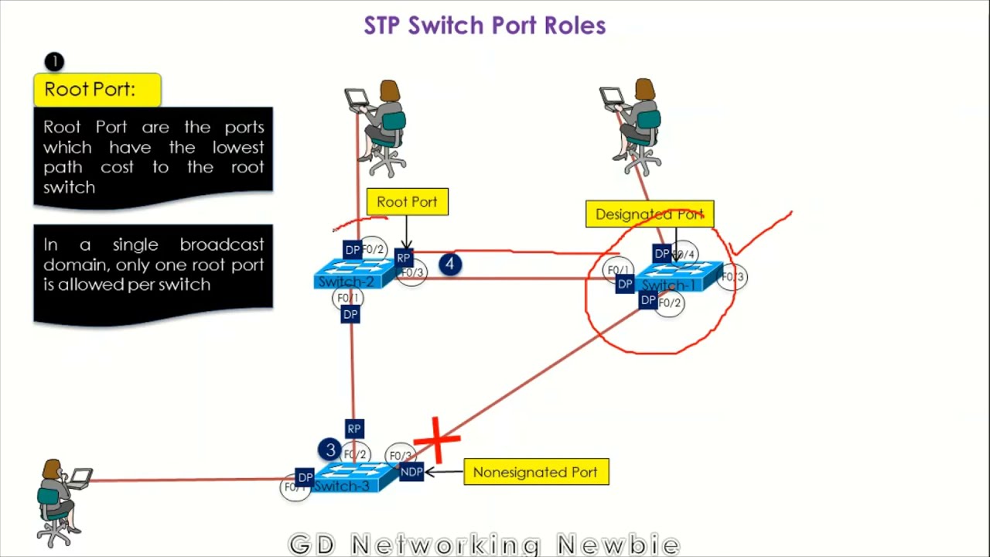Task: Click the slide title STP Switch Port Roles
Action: pyautogui.click(x=485, y=26)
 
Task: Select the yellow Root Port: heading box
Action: pyautogui.click(x=97, y=90)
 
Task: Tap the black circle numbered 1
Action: pyautogui.click(x=54, y=62)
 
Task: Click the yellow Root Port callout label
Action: pyautogui.click(x=407, y=202)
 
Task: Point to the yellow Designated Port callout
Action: pyautogui.click(x=650, y=214)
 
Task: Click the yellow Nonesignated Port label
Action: pyautogui.click(x=536, y=472)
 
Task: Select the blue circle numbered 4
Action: pyautogui.click(x=450, y=265)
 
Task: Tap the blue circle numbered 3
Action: pyautogui.click(x=330, y=450)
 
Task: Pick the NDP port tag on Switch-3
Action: pyautogui.click(x=411, y=472)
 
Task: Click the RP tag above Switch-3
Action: pyautogui.click(x=354, y=429)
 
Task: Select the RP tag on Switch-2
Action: pyautogui.click(x=403, y=258)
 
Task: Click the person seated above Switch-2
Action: pyautogui.click(x=381, y=128)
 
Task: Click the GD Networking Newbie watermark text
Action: pyautogui.click(x=484, y=545)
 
